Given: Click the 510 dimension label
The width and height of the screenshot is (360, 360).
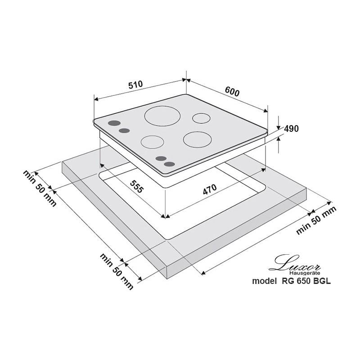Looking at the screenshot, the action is pyautogui.click(x=135, y=85).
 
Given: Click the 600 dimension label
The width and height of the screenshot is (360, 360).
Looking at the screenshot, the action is pyautogui.click(x=232, y=92).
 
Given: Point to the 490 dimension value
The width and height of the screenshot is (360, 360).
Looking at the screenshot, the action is pyautogui.click(x=291, y=129).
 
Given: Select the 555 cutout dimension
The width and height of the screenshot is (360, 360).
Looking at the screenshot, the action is pyautogui.click(x=137, y=186).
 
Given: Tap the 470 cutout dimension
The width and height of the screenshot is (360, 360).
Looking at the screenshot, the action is pyautogui.click(x=210, y=189).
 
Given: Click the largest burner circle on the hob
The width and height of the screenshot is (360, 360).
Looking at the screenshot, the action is pyautogui.click(x=162, y=126).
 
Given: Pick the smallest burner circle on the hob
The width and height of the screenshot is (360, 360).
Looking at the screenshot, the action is pyautogui.click(x=201, y=123).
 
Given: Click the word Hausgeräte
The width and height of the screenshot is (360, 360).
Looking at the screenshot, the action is pyautogui.click(x=305, y=273).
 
